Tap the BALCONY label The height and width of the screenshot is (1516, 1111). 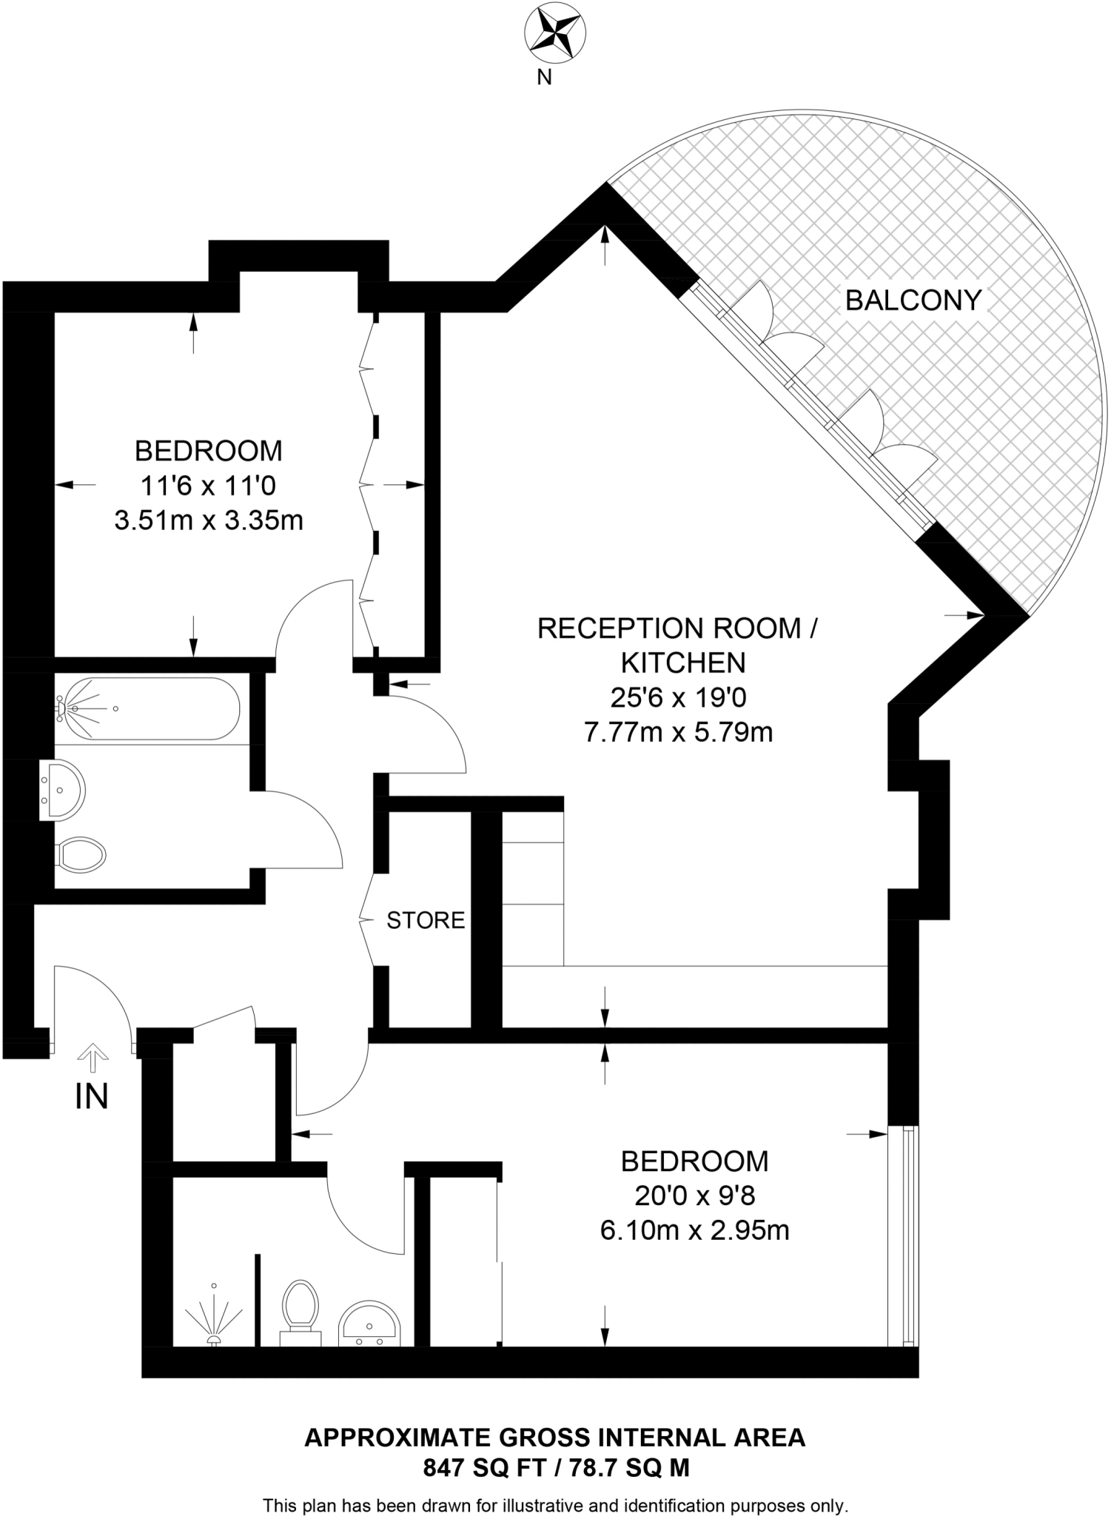(x=913, y=300)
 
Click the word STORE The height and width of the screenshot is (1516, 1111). (x=426, y=920)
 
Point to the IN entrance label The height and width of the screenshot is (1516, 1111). (x=92, y=1096)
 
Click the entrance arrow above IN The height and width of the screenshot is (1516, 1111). (x=93, y=1057)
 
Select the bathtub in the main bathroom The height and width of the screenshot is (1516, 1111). (x=148, y=709)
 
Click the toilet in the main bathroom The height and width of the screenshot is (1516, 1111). (x=81, y=855)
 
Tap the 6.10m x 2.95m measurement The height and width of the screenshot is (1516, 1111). (x=694, y=1230)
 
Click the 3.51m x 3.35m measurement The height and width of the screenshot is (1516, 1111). (x=209, y=520)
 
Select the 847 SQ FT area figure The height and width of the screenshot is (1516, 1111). (x=484, y=1466)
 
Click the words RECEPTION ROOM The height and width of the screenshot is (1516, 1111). (x=670, y=628)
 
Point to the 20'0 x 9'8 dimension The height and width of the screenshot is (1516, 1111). (x=694, y=1195)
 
